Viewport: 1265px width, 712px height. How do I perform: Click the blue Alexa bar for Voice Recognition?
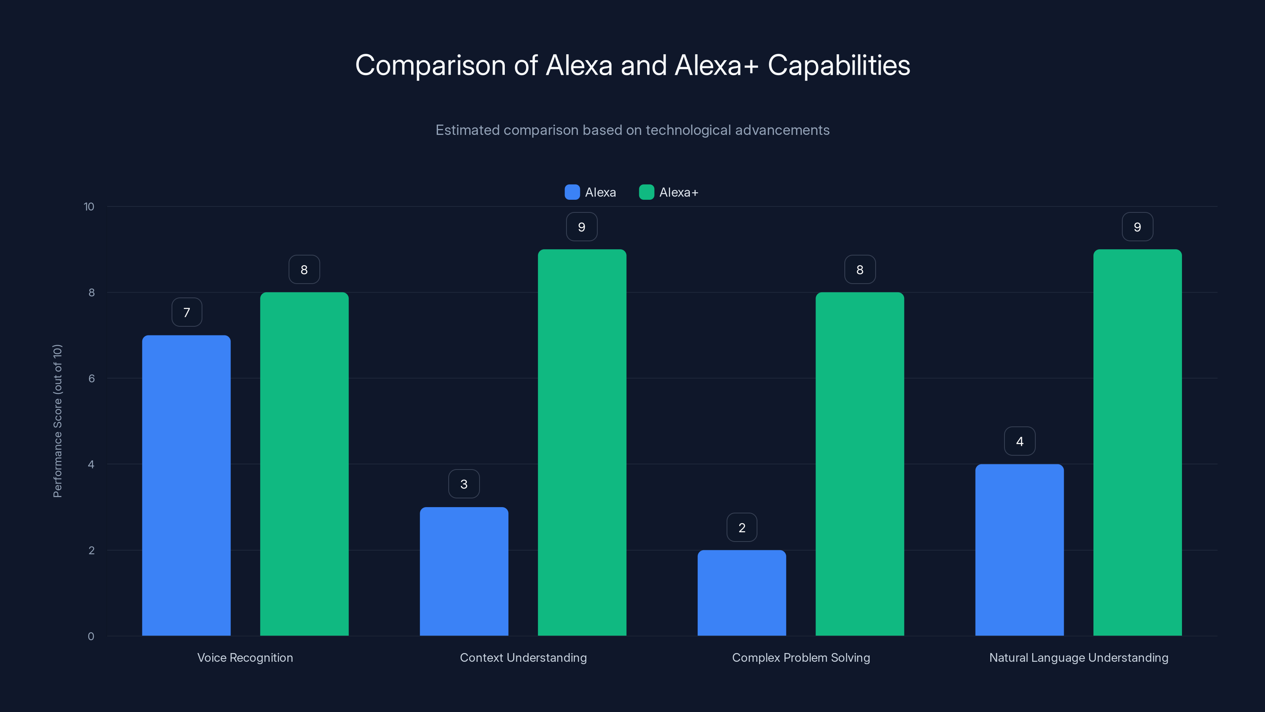tap(186, 485)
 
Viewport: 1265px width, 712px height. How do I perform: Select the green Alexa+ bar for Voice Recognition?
tap(304, 464)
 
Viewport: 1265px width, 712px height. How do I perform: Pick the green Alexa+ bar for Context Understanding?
tap(582, 442)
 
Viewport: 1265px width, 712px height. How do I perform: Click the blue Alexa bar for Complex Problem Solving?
tap(742, 593)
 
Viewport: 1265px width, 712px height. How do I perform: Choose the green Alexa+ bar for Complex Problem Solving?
tap(859, 464)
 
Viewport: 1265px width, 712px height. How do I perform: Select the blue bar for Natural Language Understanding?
tap(1020, 550)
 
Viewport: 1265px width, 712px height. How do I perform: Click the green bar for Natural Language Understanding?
tap(1137, 442)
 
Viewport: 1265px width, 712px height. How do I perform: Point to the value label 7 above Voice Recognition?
tap(187, 312)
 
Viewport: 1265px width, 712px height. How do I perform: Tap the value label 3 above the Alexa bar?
tap(464, 484)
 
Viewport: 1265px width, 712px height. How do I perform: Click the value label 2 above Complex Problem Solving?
tap(742, 527)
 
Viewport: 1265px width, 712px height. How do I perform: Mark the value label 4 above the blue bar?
tap(1020, 441)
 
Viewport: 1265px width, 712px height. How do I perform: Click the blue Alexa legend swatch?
tap(572, 192)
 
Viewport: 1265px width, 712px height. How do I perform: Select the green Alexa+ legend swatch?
tap(646, 192)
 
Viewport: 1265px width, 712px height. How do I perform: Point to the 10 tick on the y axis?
tap(89, 206)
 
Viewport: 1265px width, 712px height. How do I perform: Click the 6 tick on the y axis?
tap(91, 379)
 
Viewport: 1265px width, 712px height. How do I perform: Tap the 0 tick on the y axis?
tap(91, 636)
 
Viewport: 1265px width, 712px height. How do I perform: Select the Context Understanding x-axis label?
tap(523, 657)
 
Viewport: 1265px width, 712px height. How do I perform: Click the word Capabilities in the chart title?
tap(839, 65)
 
